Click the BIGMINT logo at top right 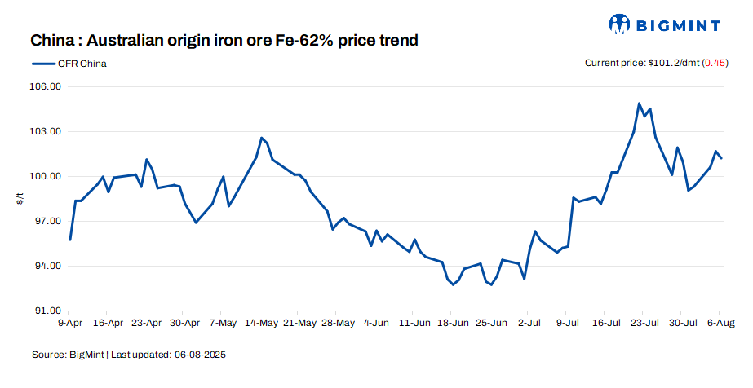coord(663,25)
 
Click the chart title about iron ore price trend coord(224,40)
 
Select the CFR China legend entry coord(69,64)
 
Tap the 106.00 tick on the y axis coord(46,87)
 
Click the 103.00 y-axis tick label coord(46,132)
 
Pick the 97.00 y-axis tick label coord(46,222)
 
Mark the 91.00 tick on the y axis coord(46,311)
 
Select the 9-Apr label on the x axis coord(70,323)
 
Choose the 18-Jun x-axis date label coord(453,323)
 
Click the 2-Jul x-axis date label coord(529,323)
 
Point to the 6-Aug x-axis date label coord(720,323)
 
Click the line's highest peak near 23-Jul coord(639,104)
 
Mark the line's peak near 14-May coord(261,138)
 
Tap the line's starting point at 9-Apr coord(70,240)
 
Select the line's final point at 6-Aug coord(721,158)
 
